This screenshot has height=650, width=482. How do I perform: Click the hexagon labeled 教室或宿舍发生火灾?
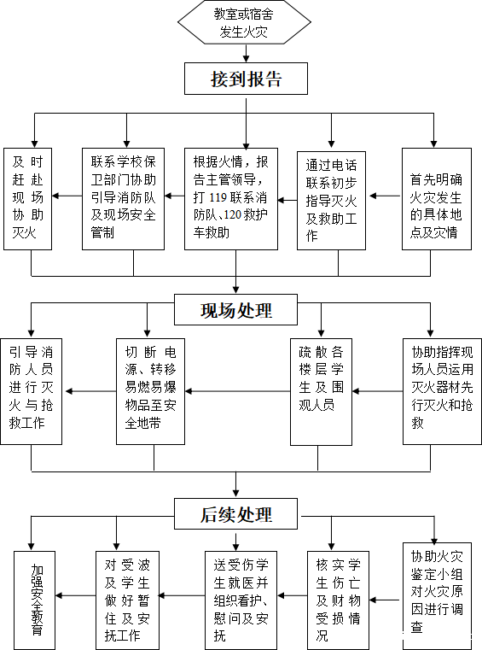pyautogui.click(x=244, y=22)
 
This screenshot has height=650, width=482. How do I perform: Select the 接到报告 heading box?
pyautogui.click(x=246, y=79)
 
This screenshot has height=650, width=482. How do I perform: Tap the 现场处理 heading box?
pyautogui.click(x=235, y=310)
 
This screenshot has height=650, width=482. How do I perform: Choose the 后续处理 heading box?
pyautogui.click(x=235, y=513)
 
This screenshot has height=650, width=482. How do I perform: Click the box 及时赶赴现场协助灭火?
pyautogui.click(x=28, y=199)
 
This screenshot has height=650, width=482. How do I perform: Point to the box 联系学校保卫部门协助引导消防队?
pyautogui.click(x=124, y=199)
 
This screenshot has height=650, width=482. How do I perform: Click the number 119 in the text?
pyautogui.click(x=218, y=197)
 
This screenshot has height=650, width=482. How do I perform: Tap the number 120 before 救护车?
pyautogui.click(x=233, y=214)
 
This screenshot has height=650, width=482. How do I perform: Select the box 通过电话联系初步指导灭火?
pyautogui.click(x=331, y=201)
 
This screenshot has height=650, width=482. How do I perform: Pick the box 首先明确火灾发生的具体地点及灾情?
pyautogui.click(x=437, y=199)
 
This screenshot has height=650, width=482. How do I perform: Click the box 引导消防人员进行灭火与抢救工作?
pyautogui.click(x=31, y=392)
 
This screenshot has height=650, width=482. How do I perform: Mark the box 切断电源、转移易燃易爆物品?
pyautogui.click(x=150, y=392)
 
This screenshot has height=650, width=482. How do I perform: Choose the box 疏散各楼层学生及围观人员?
pyautogui.click(x=321, y=392)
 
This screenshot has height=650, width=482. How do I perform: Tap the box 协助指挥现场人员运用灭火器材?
pyautogui.click(x=442, y=392)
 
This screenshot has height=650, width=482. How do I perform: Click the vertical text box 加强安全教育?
pyautogui.click(x=35, y=600)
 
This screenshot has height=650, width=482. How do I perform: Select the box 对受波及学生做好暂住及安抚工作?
pyautogui.click(x=128, y=600)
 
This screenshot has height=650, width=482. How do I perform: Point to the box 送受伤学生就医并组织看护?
pyautogui.click(x=241, y=600)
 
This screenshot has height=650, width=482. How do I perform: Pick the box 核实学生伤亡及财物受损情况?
pyautogui.click(x=338, y=600)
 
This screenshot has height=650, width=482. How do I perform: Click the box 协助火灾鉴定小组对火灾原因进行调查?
pyautogui.click(x=438, y=596)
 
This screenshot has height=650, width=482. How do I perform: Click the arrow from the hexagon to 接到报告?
pyautogui.click(x=247, y=54)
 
